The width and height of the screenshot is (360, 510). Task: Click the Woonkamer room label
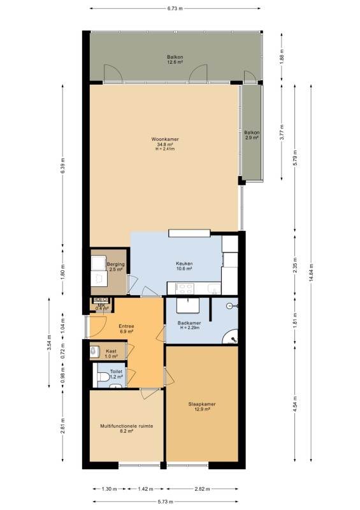tap(165, 139)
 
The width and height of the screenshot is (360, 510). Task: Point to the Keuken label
tap(184, 263)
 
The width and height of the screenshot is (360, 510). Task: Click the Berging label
tap(116, 265)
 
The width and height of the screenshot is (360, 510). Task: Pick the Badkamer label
tap(189, 323)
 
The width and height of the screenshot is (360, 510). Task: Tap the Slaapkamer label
tap(202, 404)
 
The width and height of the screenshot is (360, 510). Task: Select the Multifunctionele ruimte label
tap(127, 426)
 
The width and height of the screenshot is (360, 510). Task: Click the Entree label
tap(126, 326)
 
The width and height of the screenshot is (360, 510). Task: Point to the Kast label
tap(112, 351)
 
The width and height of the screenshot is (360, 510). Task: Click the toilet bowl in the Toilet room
tap(103, 377)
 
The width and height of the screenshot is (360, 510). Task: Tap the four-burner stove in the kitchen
tap(185, 289)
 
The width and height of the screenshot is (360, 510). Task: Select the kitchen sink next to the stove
tap(214, 289)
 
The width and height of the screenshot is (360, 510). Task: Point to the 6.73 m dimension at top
tap(175, 8)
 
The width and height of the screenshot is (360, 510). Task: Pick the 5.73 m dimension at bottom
tap(166, 502)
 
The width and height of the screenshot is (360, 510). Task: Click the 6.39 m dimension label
tap(63, 166)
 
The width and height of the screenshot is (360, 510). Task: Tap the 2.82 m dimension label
tap(202, 488)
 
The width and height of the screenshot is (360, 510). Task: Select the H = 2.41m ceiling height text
tap(165, 149)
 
